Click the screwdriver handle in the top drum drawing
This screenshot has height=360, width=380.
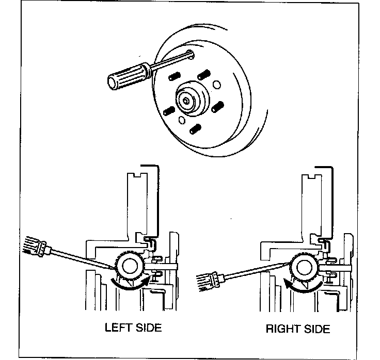tap(126, 75)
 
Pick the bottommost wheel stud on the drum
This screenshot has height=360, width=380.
tap(194, 128)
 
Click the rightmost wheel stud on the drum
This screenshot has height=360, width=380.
tap(217, 107)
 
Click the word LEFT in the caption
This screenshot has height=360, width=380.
tap(119, 327)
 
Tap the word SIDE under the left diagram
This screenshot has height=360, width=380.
tap(148, 327)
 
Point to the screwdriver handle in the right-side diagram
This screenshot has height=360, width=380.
tap(211, 282)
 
